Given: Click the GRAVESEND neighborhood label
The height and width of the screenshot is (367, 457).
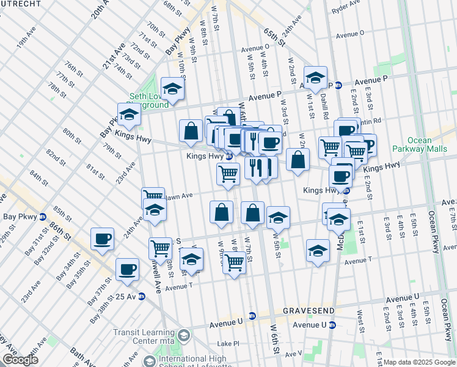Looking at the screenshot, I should pos(309,311).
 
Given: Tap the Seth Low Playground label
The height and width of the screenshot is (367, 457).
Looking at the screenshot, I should pos(148,100).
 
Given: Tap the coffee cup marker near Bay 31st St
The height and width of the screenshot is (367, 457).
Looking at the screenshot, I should pos(103,239).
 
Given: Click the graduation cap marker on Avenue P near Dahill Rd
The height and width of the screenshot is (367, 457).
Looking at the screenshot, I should pos(315,77).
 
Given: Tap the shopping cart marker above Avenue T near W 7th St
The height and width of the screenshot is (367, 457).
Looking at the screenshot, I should pos(235,262).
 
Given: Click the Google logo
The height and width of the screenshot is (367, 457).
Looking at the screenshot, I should pos(20,359).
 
